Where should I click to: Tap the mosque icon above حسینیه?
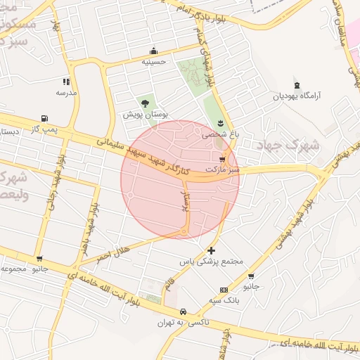(153, 51)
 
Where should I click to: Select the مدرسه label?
(66, 93)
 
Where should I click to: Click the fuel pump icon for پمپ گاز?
(45, 118)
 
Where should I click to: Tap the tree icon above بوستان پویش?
(145, 103)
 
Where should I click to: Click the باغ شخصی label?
(221, 134)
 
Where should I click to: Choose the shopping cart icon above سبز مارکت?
(222, 160)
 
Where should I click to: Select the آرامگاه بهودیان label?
(295, 95)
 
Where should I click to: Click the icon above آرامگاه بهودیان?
(296, 84)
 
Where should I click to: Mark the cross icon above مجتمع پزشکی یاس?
(212, 250)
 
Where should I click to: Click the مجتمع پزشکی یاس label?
(212, 262)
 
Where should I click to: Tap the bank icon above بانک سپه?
(224, 290)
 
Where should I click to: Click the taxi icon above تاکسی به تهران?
(182, 311)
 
